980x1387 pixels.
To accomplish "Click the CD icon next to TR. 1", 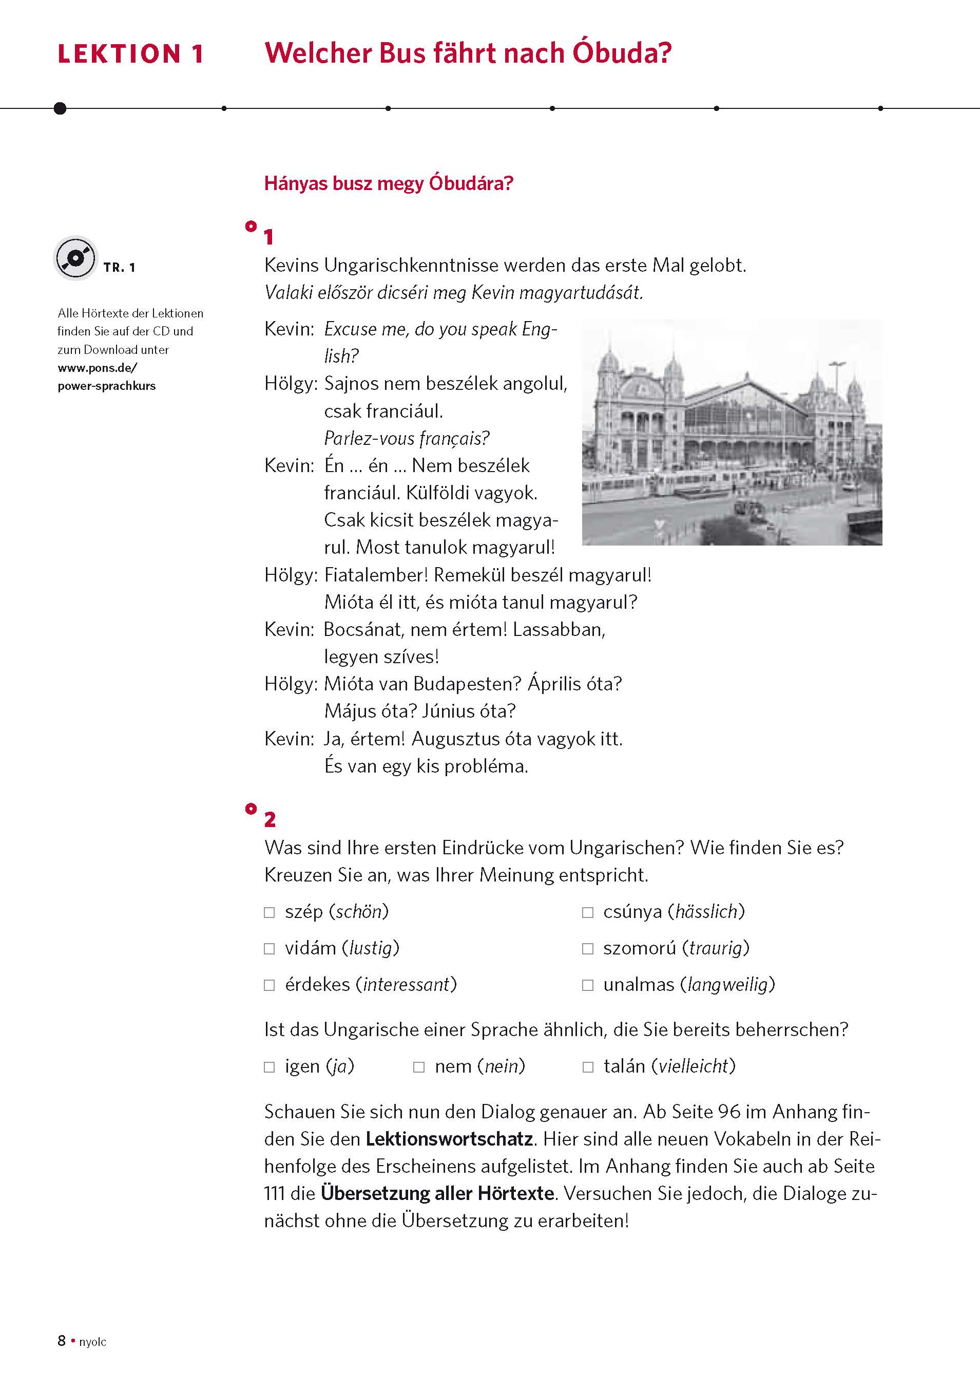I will [75, 258].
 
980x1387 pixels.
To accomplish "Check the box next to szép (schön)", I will [270, 912].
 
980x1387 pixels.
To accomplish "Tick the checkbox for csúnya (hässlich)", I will [587, 912].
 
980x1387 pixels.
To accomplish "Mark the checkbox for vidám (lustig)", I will [270, 948].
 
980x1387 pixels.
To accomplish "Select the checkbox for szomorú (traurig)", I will [587, 948].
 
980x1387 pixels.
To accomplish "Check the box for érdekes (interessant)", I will [270, 985].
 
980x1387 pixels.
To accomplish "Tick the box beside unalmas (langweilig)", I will [587, 985].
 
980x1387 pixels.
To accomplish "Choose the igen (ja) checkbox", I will [270, 1067].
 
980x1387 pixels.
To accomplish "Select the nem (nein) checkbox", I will [418, 1067].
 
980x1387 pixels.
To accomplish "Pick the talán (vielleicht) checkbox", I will [587, 1067].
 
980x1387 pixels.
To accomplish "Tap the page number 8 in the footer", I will [62, 1357].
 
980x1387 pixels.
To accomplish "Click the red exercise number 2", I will [270, 820].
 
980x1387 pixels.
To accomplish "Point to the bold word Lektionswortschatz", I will [449, 1139].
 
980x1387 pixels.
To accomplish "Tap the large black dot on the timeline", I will [60, 108].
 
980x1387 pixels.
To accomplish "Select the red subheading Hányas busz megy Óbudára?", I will [388, 183].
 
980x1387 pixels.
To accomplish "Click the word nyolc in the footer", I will [92, 1359].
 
